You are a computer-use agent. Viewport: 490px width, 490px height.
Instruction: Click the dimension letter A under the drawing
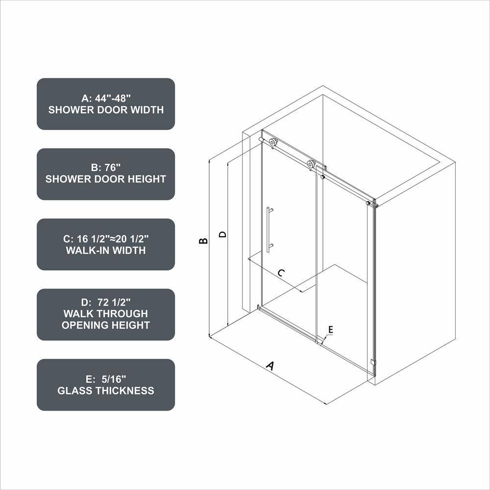(270, 366)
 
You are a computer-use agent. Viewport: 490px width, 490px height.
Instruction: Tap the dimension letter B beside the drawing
(203, 241)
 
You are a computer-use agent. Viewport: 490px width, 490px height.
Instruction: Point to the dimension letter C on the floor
(281, 273)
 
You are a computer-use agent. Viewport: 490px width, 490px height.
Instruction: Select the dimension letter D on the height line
(222, 234)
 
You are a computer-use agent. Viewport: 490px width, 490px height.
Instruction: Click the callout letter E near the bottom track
(331, 329)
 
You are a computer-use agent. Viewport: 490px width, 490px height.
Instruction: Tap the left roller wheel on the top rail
(273, 143)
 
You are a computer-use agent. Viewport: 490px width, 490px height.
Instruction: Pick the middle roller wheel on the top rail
(311, 164)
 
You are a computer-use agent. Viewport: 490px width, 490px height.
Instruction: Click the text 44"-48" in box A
(113, 98)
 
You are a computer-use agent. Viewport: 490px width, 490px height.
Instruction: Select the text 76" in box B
(112, 168)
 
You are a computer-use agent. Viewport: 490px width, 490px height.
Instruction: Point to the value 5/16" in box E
(114, 379)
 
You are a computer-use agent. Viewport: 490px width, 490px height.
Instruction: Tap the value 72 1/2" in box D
(114, 302)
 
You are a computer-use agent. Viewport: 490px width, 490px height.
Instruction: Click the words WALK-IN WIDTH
(106, 250)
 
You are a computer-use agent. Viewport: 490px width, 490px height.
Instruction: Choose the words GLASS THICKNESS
(106, 391)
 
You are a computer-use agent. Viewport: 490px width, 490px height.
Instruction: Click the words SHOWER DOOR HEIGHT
(106, 179)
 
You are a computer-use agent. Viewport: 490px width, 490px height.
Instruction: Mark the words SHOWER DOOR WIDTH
(106, 110)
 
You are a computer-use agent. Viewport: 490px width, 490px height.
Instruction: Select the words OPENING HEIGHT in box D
(106, 325)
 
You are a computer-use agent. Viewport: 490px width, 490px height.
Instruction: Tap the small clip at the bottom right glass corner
(372, 362)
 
